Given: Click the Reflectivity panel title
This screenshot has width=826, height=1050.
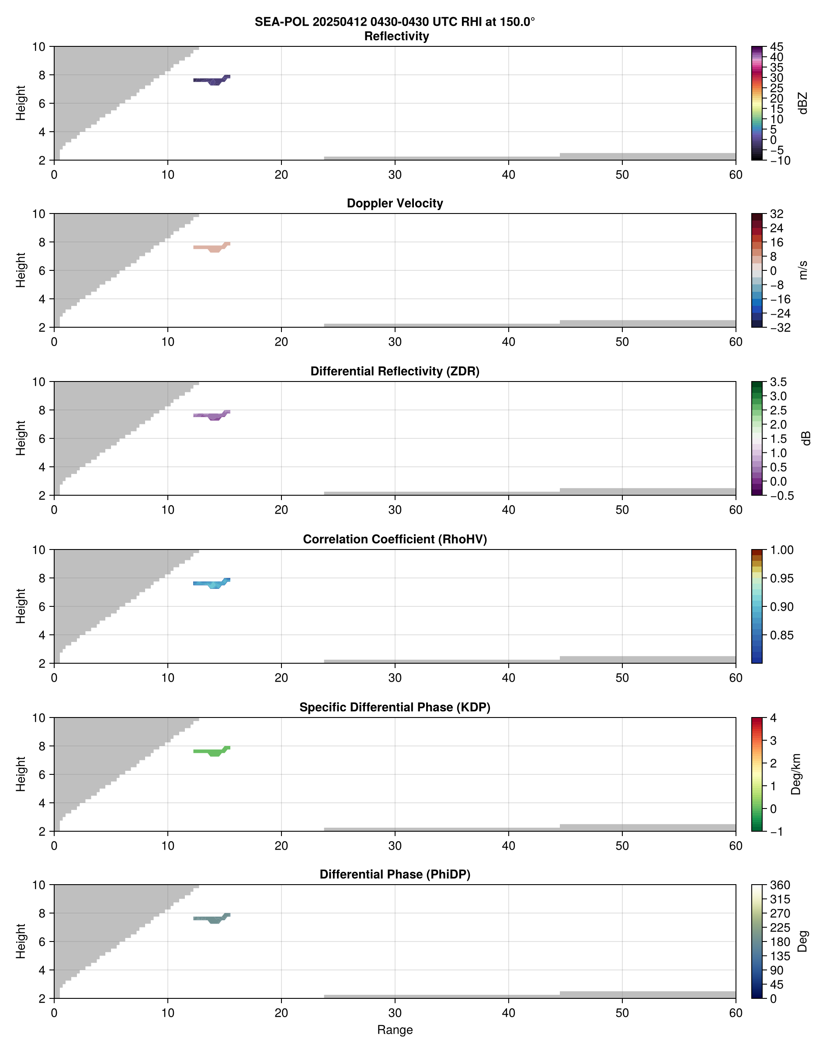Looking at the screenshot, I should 396,36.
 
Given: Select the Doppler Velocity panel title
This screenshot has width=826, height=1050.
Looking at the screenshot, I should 395,203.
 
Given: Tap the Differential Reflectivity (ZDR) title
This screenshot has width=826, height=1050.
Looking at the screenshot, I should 395,371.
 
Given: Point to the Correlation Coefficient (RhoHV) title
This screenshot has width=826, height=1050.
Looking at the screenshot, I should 395,539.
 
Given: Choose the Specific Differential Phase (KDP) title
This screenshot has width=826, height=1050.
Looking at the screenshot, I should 395,707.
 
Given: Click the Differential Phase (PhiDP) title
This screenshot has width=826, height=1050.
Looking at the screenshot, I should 395,874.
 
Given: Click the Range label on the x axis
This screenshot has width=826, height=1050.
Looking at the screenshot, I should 395,1030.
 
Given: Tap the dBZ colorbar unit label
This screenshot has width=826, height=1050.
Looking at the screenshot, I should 803,103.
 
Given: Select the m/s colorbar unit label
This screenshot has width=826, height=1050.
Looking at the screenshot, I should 803,270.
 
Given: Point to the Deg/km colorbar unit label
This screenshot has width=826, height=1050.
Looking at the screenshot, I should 796,774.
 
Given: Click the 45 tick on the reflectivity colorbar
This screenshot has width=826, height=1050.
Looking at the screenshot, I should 777,47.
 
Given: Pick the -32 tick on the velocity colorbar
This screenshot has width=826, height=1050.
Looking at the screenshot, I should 780,328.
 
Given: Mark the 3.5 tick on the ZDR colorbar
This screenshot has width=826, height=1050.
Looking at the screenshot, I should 778,382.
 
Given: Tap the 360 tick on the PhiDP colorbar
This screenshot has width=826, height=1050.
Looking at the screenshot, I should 780,885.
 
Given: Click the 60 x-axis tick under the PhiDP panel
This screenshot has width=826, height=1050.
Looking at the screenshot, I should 736,1013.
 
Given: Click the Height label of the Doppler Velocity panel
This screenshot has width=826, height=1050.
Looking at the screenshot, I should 20,270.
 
